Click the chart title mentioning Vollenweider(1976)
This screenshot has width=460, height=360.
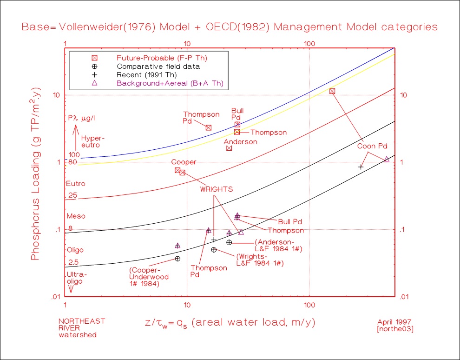point(230,27)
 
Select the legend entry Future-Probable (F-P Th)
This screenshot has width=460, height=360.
point(162,58)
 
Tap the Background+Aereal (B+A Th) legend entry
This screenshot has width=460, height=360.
point(170,83)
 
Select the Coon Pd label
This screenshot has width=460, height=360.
point(372,146)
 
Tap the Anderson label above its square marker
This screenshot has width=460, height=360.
point(240,141)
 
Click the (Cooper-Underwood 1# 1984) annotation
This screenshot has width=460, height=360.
point(149,276)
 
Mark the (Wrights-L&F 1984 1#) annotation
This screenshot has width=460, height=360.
point(259,260)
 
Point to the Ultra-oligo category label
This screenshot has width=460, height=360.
point(76,278)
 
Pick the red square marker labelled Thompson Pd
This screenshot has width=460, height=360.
point(209,127)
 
